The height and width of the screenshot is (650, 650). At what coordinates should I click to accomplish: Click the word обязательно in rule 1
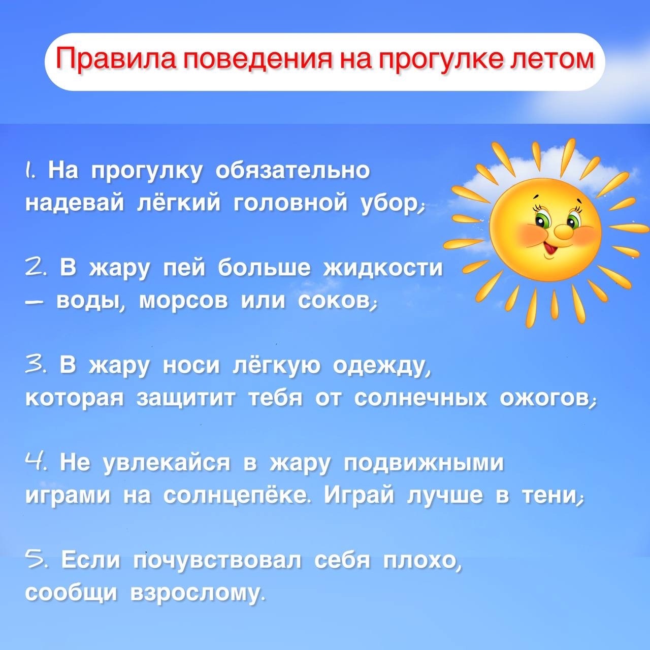point(292,170)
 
